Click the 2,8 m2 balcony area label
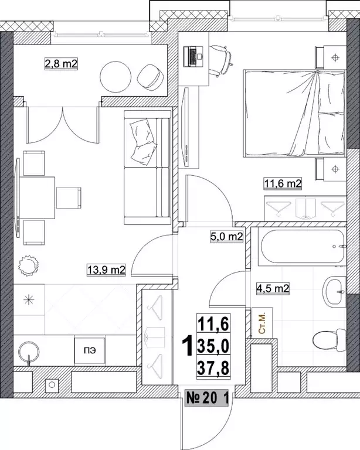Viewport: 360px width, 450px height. (62, 63)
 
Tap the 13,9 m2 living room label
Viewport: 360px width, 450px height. (106, 270)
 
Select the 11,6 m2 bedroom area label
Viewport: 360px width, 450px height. (283, 183)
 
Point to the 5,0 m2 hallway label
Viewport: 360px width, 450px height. (227, 237)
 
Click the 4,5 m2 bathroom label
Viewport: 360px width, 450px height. (273, 288)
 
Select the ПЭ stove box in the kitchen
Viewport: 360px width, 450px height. (90, 351)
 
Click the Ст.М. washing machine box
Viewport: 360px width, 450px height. (262, 323)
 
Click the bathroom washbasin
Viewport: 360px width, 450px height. (334, 292)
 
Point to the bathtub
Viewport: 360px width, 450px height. (303, 247)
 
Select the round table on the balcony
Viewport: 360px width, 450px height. (116, 77)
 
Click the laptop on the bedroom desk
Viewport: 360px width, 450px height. (193, 56)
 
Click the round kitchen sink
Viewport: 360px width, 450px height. (29, 352)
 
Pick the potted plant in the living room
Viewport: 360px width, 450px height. (28, 266)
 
